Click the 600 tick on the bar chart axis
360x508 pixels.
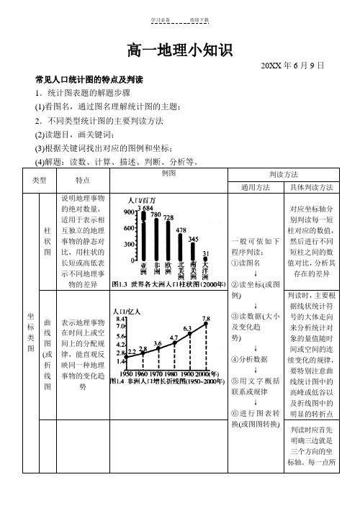tap(130, 228)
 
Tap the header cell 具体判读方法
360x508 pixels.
tap(311, 187)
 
